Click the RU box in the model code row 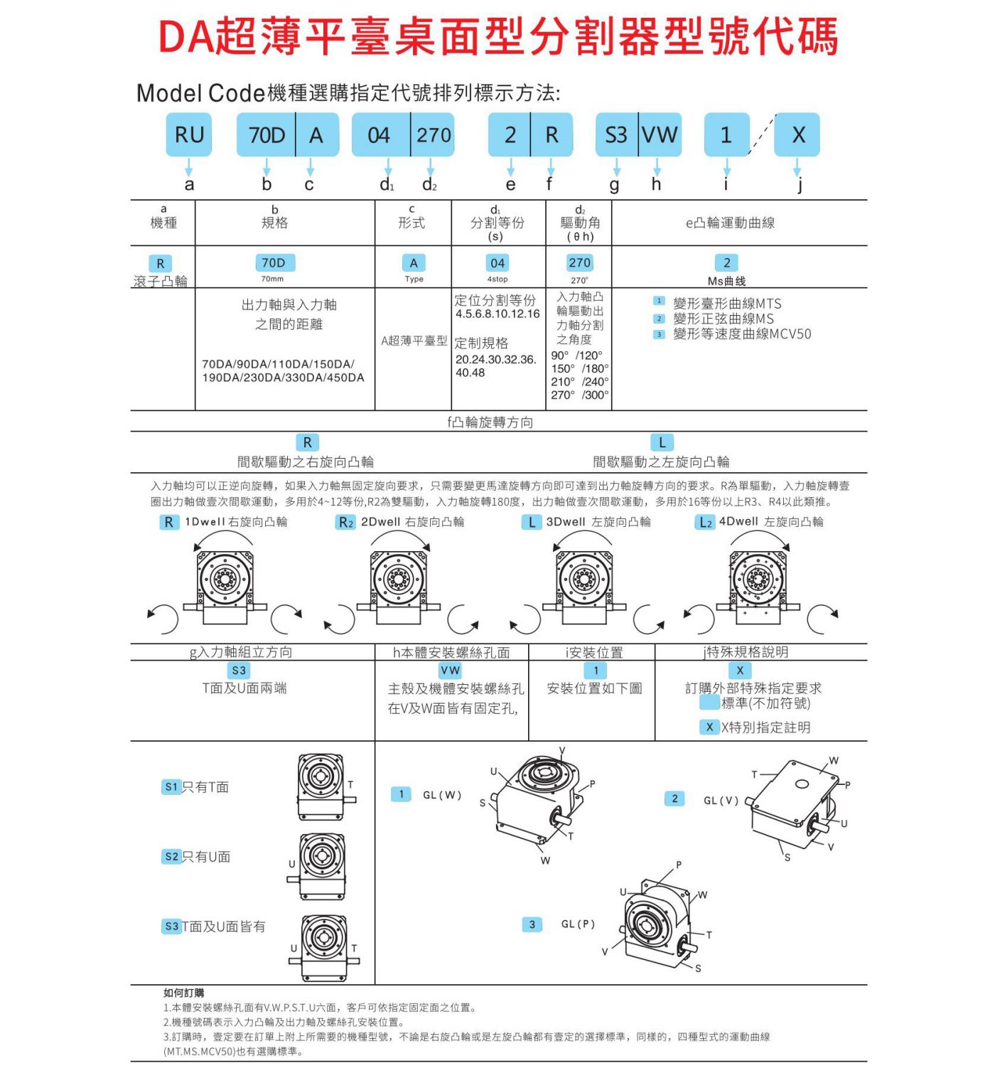tap(189, 134)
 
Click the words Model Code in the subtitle tap(200, 93)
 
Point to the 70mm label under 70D tap(272, 279)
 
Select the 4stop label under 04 tap(497, 279)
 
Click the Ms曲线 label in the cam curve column tap(726, 281)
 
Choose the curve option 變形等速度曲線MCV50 tap(741, 334)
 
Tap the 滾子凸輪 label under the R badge tap(161, 281)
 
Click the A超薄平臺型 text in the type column tap(414, 341)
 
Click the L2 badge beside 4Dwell tap(705, 523)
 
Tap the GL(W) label tap(442, 795)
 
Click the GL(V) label tap(721, 801)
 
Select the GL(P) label tap(578, 924)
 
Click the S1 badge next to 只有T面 tap(171, 787)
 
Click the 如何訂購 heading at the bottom tap(183, 993)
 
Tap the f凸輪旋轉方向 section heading tap(490, 422)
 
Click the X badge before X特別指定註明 tap(709, 727)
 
